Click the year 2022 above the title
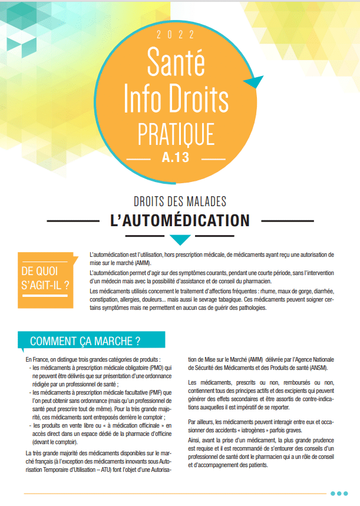[180, 35]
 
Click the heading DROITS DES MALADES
[180, 202]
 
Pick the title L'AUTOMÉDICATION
[180, 220]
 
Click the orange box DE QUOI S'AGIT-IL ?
[46, 279]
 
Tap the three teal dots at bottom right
[339, 494]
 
